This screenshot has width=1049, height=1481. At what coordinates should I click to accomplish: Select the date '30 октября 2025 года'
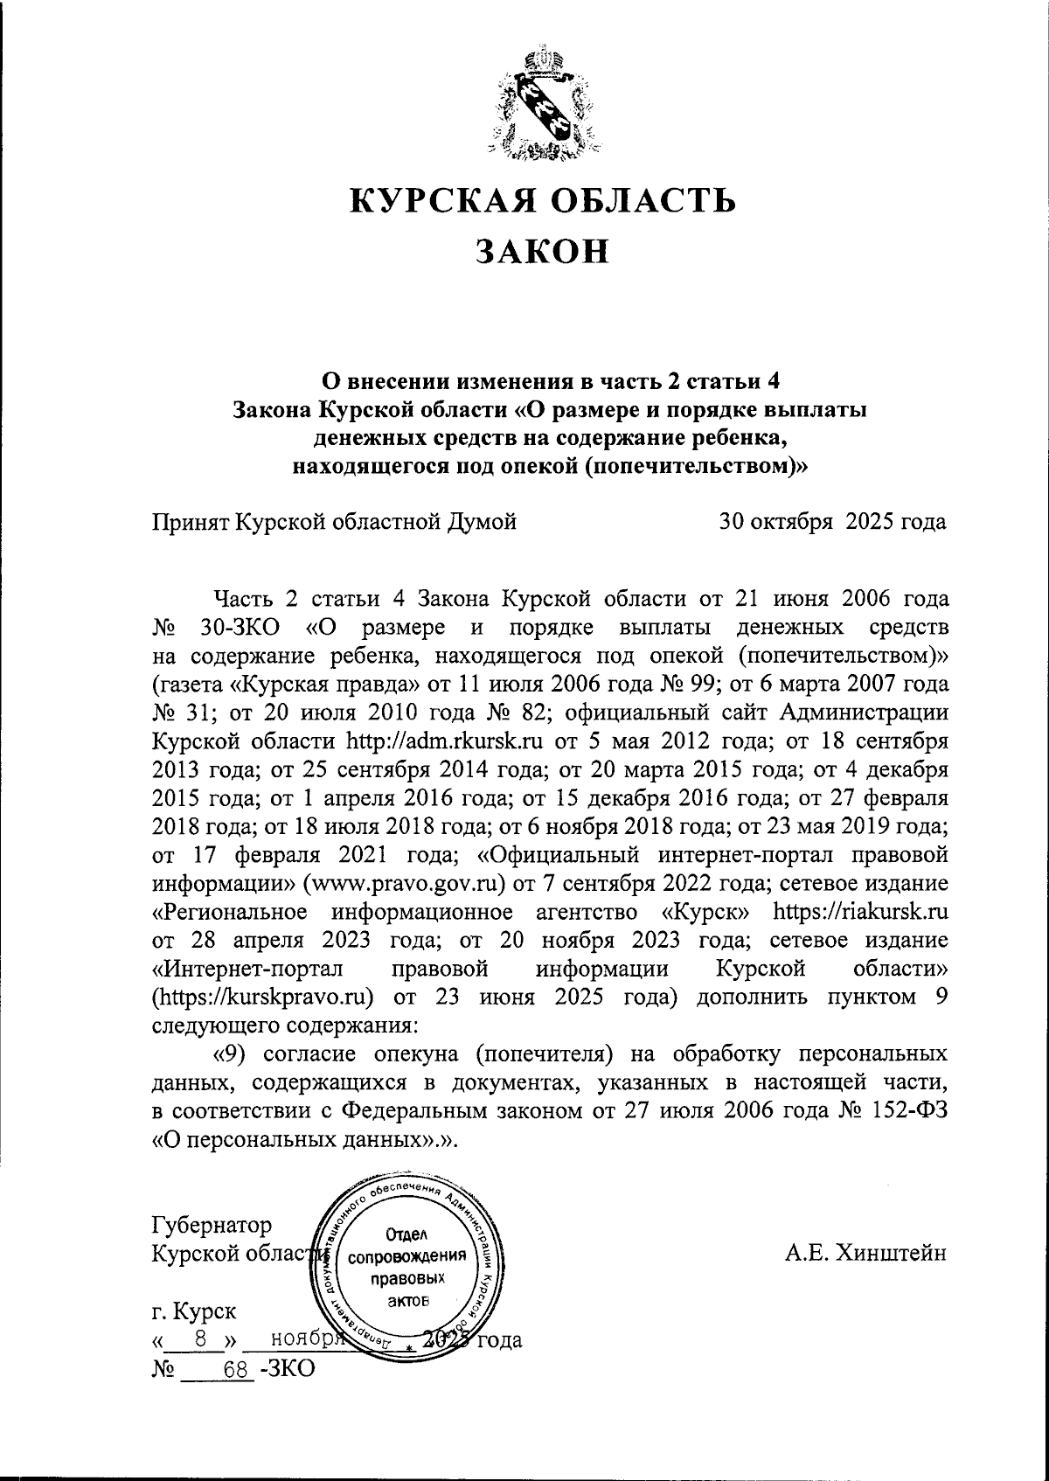[831, 523]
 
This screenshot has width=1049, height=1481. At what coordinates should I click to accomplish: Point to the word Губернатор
[212, 1225]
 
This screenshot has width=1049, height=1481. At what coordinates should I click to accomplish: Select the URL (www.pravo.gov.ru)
[406, 883]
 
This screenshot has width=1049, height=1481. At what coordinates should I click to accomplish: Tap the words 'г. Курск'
[193, 1311]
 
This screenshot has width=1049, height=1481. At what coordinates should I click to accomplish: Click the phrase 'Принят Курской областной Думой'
[334, 523]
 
